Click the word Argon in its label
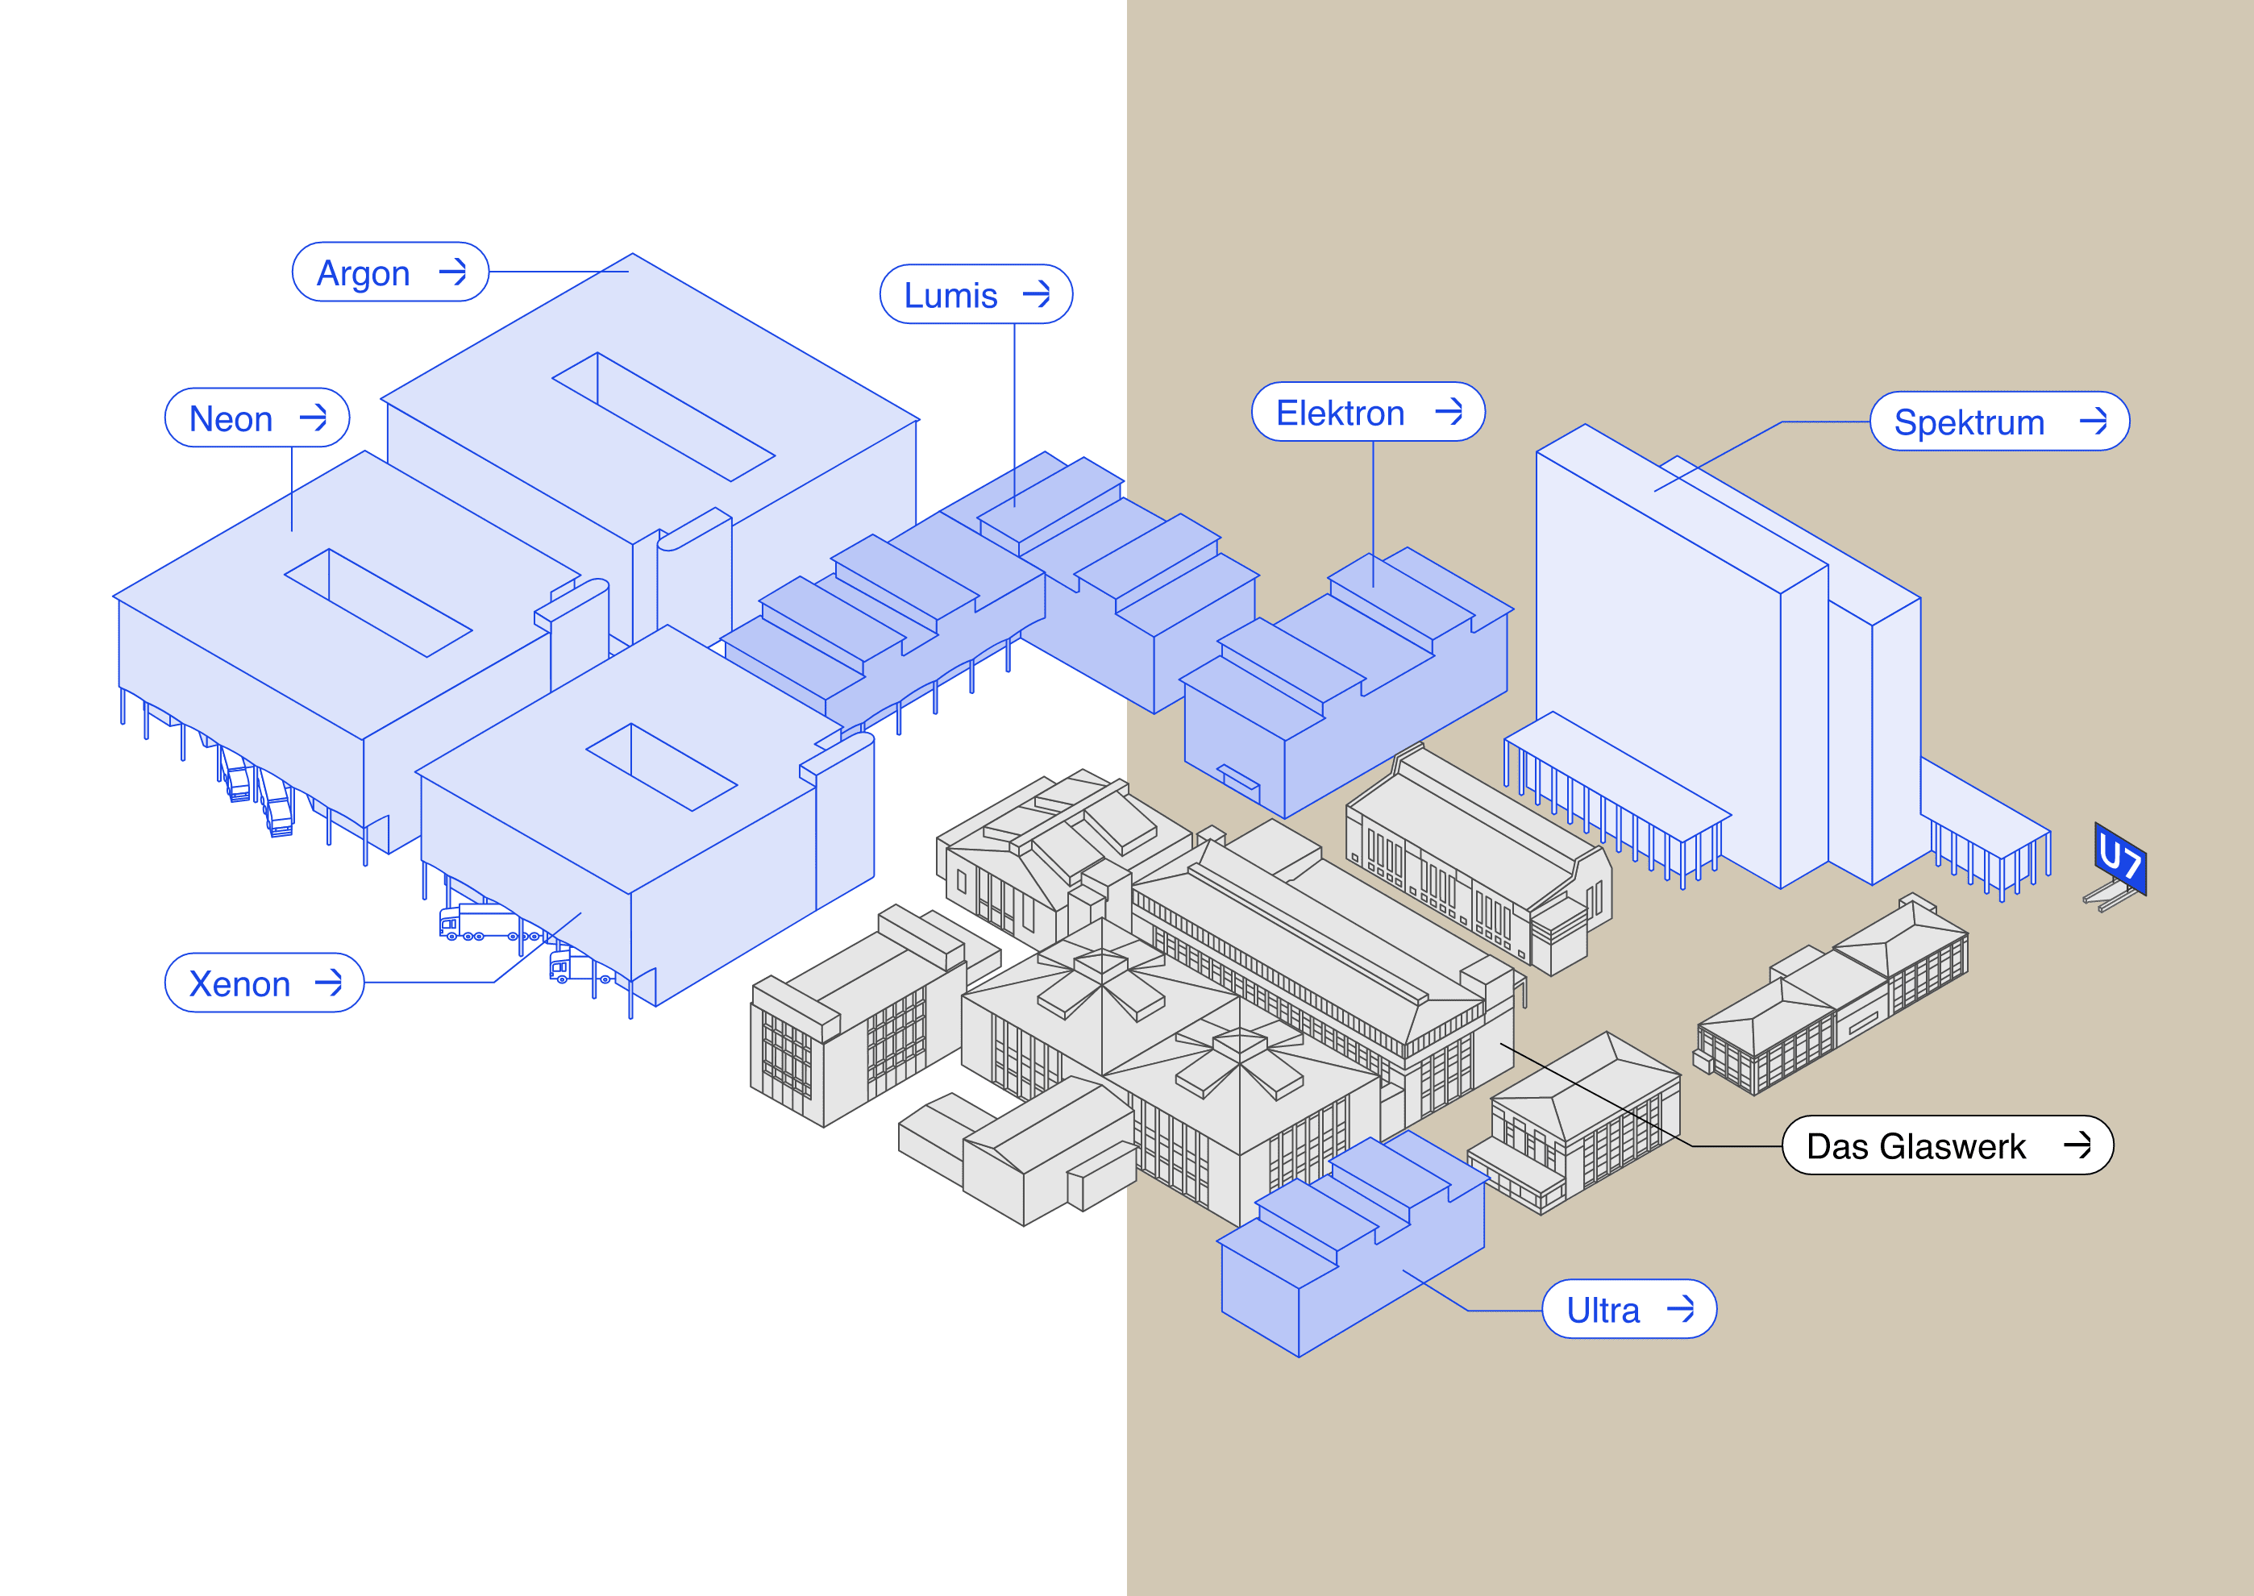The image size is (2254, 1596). [363, 273]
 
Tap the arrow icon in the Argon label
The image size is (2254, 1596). [453, 272]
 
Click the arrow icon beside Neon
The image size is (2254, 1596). [314, 418]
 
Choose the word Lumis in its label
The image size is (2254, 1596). [950, 296]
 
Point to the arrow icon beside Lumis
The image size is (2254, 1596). [1037, 294]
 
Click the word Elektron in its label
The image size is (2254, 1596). [1340, 414]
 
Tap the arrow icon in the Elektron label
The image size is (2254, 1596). [1449, 412]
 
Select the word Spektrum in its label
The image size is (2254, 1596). [1969, 422]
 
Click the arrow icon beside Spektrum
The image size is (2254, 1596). [2094, 422]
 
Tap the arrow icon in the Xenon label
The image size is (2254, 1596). [328, 983]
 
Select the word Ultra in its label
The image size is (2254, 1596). [1603, 1311]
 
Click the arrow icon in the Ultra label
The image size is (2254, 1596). [1681, 1309]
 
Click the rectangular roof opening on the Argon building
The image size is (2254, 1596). [664, 417]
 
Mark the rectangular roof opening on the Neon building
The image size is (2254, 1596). [378, 602]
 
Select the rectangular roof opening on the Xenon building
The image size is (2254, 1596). [662, 767]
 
